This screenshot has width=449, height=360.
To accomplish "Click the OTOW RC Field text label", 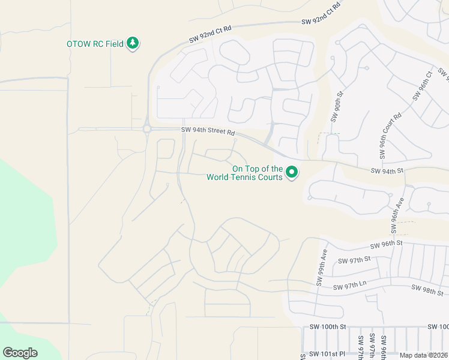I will (x=95, y=44).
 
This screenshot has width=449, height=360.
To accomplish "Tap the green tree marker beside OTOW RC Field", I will (x=133, y=44).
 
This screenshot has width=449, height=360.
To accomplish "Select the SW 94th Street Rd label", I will (x=207, y=131).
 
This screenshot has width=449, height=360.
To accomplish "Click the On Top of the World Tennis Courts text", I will (x=244, y=173).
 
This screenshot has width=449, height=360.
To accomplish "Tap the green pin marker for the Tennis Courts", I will (x=292, y=173).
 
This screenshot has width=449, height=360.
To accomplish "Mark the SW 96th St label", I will (x=385, y=245).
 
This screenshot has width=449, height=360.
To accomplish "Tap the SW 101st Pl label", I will (x=327, y=354).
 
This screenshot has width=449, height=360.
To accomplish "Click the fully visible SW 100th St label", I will (x=328, y=326).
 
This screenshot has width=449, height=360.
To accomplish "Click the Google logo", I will (x=20, y=353).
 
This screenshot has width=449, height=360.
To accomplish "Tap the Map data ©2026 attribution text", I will (x=424, y=355).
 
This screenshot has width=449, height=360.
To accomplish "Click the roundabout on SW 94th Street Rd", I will (x=147, y=128).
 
